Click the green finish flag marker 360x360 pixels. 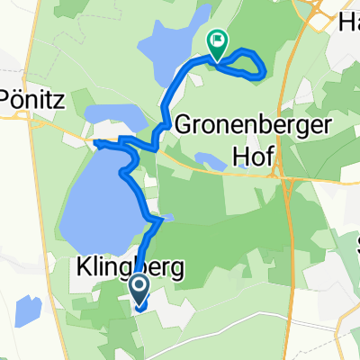(217, 40)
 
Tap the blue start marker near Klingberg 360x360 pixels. (140, 287)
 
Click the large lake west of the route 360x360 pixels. (99, 193)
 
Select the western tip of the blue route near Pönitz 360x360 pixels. (95, 142)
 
